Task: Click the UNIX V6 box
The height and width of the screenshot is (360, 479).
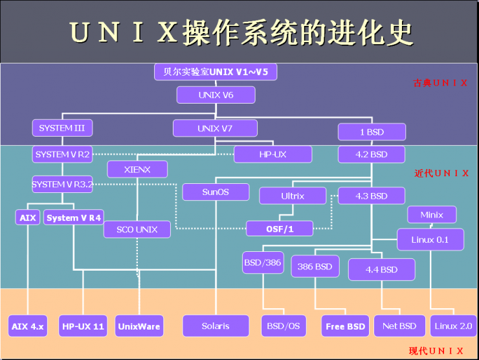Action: pyautogui.click(x=216, y=95)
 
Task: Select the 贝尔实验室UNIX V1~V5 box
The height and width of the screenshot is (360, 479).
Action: pyautogui.click(x=216, y=72)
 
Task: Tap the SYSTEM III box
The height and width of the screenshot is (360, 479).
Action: pyautogui.click(x=62, y=128)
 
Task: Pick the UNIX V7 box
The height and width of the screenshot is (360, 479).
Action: pyautogui.click(x=216, y=128)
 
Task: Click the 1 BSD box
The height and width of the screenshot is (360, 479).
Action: pyautogui.click(x=372, y=132)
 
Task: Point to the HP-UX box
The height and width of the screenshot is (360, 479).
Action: pyautogui.click(x=273, y=154)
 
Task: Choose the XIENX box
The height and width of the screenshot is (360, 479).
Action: pyautogui.click(x=137, y=170)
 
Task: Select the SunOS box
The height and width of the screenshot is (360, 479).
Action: pyautogui.click(x=216, y=192)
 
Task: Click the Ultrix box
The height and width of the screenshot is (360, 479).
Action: pyautogui.click(x=293, y=196)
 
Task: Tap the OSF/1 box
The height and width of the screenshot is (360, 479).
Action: pyautogui.click(x=280, y=229)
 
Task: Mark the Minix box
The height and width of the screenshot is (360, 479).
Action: pyautogui.click(x=432, y=215)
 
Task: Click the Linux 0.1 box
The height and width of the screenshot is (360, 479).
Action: pyautogui.click(x=430, y=240)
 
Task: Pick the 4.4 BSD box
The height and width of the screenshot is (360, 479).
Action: pyautogui.click(x=381, y=269)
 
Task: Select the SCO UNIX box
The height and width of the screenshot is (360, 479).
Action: pyautogui.click(x=137, y=229)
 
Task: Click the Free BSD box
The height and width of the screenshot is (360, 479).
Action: pyautogui.click(x=346, y=326)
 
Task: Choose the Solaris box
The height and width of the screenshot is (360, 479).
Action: pyautogui.click(x=216, y=326)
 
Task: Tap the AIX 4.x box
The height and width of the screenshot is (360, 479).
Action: pyautogui.click(x=28, y=326)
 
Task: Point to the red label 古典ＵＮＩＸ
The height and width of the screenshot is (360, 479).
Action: pyautogui.click(x=440, y=83)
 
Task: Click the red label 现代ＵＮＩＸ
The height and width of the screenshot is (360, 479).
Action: pyautogui.click(x=436, y=351)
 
